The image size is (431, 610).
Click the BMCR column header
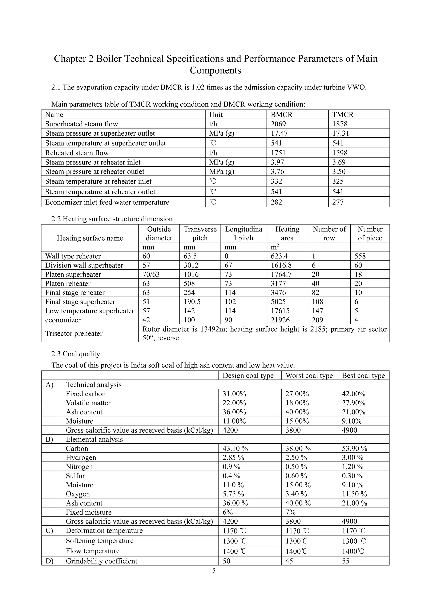pyautogui.click(x=281, y=115)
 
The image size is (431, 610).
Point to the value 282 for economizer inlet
pyautogui.click(x=276, y=202)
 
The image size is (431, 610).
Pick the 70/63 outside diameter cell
pyautogui.click(x=151, y=274)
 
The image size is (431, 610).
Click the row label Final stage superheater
pyautogui.click(x=80, y=302)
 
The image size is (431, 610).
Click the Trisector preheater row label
pyautogui.click(x=74, y=333)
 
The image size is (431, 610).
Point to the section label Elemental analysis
pyautogui.click(x=94, y=439)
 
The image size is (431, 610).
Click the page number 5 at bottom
pyautogui.click(x=214, y=571)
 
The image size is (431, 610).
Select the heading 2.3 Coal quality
pyautogui.click(x=76, y=354)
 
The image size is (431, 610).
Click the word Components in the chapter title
pyautogui.click(x=215, y=70)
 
